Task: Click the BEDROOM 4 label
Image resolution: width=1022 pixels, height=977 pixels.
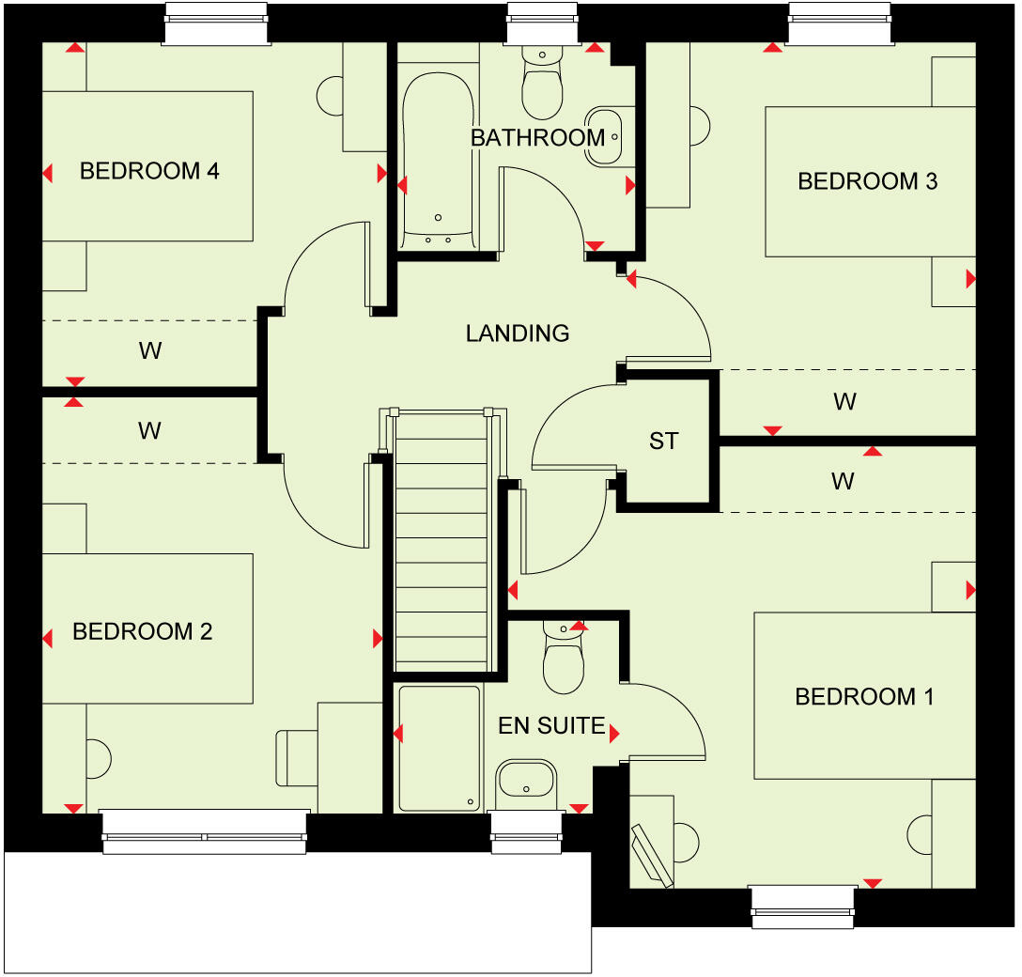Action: pyautogui.click(x=149, y=171)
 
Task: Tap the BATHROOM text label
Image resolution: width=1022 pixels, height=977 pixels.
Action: pyautogui.click(x=537, y=138)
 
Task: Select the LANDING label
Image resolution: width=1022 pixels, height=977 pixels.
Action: pyautogui.click(x=518, y=333)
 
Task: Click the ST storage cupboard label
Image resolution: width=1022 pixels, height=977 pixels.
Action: pyautogui.click(x=663, y=441)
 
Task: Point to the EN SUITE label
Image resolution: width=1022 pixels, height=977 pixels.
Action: pyautogui.click(x=551, y=725)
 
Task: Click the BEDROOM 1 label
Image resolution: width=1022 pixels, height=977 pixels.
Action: pyautogui.click(x=864, y=697)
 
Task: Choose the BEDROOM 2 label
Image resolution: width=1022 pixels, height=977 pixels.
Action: pyautogui.click(x=143, y=631)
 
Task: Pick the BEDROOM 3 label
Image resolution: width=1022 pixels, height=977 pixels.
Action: pyautogui.click(x=867, y=181)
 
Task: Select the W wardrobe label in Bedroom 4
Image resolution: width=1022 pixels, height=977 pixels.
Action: pyautogui.click(x=150, y=351)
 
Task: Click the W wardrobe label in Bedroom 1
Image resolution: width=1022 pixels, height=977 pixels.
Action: pyautogui.click(x=843, y=482)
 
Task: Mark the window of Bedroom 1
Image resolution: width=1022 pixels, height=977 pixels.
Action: pyautogui.click(x=803, y=906)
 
